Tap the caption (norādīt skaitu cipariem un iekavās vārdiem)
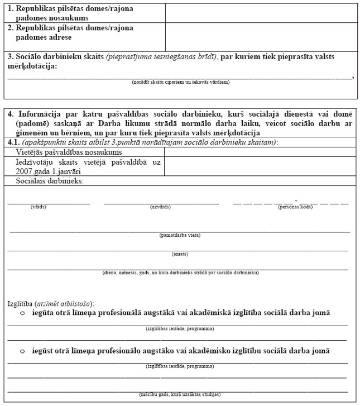click(180, 82)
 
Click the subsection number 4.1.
click(13, 142)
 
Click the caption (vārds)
click(39, 207)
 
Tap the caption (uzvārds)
click(160, 207)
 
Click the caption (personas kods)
click(295, 207)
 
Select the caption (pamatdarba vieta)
click(180, 235)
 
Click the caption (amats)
click(180, 254)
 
